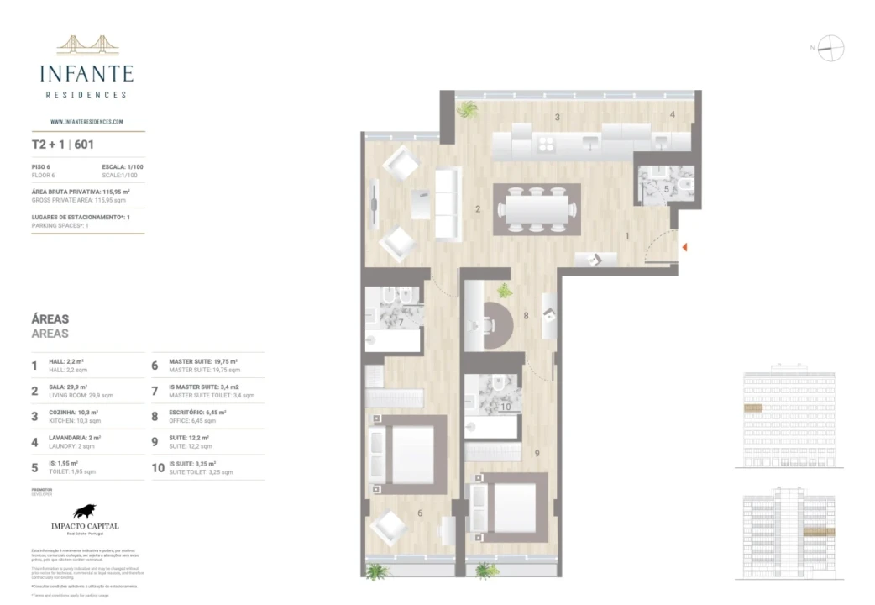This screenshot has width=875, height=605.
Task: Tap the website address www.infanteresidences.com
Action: tap(86, 121)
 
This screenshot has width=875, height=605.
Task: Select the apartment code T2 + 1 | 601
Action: tap(62, 145)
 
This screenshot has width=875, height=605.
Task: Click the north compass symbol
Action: tap(830, 48)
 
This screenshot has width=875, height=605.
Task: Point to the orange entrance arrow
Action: tap(685, 247)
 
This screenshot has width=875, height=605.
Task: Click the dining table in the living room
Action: tap(537, 208)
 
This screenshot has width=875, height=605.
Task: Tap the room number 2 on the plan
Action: tap(477, 209)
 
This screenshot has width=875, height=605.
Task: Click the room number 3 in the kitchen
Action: tap(557, 117)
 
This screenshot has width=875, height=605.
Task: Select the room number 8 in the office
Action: tap(526, 316)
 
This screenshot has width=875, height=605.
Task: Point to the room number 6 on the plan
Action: tap(420, 512)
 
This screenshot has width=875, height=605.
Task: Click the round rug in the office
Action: tap(493, 326)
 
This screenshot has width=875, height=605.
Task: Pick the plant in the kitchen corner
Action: tap(466, 108)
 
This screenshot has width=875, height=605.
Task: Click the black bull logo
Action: tap(85, 510)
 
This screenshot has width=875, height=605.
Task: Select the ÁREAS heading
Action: tap(50, 319)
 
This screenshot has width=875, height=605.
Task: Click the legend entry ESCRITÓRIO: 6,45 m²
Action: tap(197, 413)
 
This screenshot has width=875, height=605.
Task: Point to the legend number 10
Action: tap(158, 468)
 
